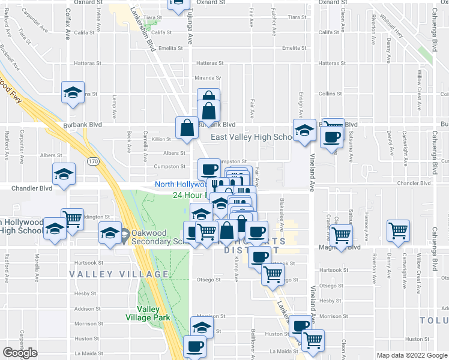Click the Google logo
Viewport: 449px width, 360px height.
pos(20,353)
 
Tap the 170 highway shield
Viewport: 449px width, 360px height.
pos(92,161)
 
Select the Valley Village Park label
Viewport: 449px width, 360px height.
pos(148,314)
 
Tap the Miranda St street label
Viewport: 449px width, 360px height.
pos(211,77)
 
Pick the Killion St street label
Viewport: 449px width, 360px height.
pos(162,139)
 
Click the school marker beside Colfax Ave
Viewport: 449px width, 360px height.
pos(73,93)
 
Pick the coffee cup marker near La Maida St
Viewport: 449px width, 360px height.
pos(194,346)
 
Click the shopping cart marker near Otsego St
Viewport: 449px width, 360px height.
pos(273,274)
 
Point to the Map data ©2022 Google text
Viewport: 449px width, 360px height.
pos(412,355)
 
